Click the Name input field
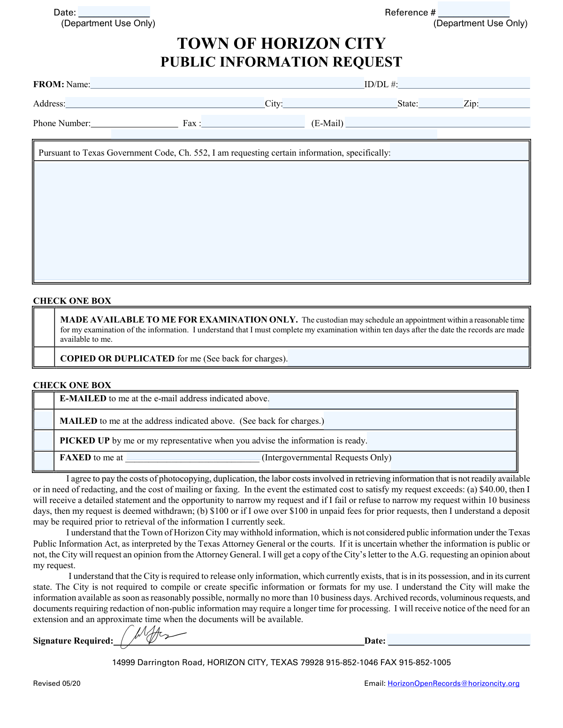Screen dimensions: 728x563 point(227,83)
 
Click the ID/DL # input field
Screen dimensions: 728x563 point(464,83)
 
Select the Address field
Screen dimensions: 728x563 point(165,103)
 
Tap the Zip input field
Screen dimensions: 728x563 point(504,103)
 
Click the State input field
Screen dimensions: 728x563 point(441,103)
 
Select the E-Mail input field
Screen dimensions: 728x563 point(437,123)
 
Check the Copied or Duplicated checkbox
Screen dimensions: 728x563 point(44,357)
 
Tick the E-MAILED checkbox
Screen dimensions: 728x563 point(44,400)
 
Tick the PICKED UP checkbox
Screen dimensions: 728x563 point(44,440)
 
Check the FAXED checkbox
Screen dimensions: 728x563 point(44,460)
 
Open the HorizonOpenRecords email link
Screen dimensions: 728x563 point(453,683)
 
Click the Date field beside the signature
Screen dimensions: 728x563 point(459,640)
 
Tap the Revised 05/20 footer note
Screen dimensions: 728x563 point(57,683)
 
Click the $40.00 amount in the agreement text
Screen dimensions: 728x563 point(493,489)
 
